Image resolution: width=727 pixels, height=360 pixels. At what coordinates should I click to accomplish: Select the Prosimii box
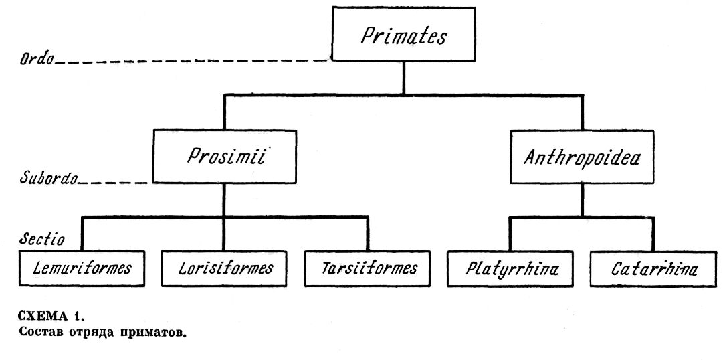point(223,157)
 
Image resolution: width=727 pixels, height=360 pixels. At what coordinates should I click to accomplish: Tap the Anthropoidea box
point(581,157)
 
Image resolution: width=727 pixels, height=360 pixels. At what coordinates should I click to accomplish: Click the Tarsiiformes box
point(369,269)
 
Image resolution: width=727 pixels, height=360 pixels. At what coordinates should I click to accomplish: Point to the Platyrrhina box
point(511,270)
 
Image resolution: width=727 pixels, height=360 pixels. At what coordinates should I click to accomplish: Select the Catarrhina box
point(653,270)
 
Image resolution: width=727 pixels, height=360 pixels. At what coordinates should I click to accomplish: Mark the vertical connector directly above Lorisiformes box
point(223,234)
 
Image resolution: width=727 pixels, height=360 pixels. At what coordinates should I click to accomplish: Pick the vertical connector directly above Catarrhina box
point(653,234)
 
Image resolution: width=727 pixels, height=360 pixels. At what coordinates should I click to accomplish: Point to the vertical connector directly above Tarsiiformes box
point(368,234)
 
